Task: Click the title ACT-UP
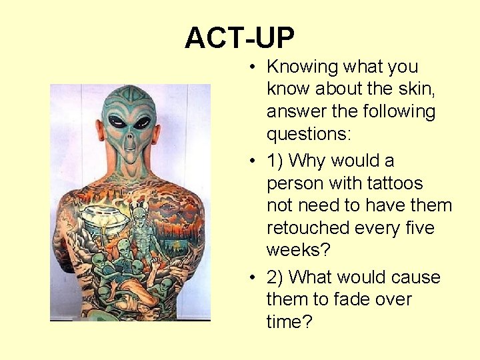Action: pyautogui.click(x=239, y=39)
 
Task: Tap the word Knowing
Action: pyautogui.click(x=302, y=67)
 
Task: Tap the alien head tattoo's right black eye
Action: pyautogui.click(x=142, y=123)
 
